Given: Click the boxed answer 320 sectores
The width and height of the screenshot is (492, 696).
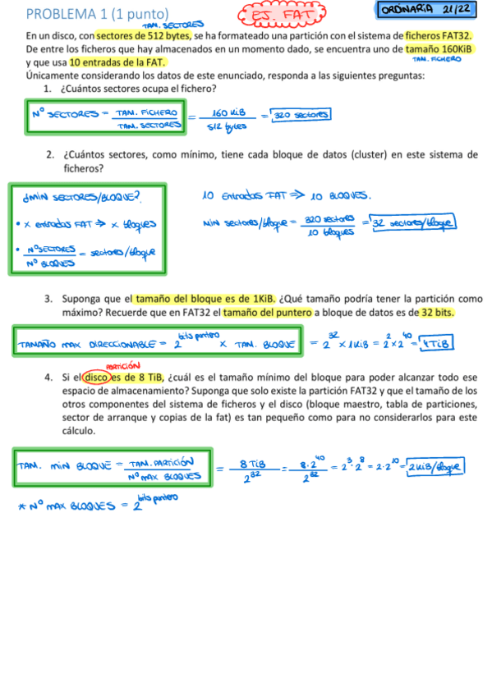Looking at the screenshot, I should pyautogui.click(x=301, y=116).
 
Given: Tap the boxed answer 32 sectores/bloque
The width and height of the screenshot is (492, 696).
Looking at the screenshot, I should pyautogui.click(x=413, y=223).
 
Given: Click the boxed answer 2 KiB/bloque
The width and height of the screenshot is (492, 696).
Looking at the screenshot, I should pyautogui.click(x=437, y=466).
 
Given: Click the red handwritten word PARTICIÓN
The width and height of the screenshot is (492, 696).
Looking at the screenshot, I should pyautogui.click(x=120, y=365).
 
